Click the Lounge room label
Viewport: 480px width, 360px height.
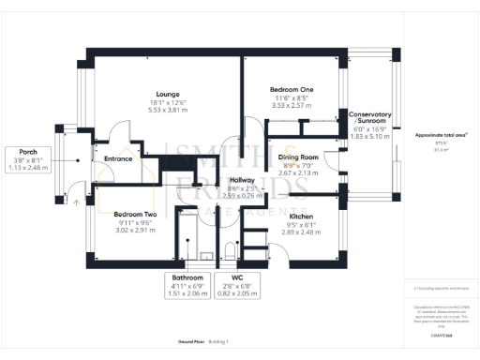(169, 93)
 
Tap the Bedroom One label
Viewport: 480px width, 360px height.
(293, 89)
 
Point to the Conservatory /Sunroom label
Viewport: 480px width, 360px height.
(370, 118)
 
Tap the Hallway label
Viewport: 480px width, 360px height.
(242, 180)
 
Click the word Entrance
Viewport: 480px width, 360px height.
(118, 158)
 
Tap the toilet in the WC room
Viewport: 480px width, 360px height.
(229, 249)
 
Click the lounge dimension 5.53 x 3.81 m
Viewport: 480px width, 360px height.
(169, 110)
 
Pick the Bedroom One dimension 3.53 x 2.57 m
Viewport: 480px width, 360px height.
(293, 106)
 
